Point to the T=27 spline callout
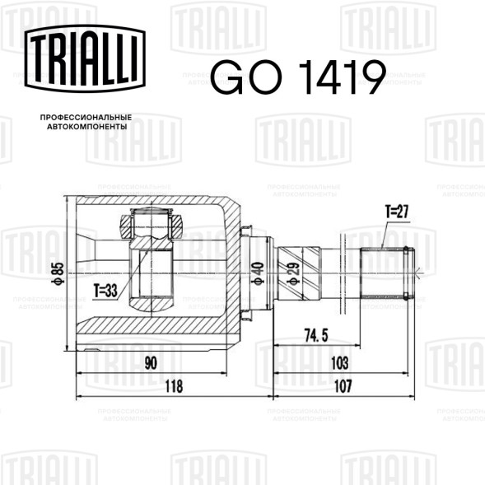[x=396, y=212]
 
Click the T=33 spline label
[x=106, y=290]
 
